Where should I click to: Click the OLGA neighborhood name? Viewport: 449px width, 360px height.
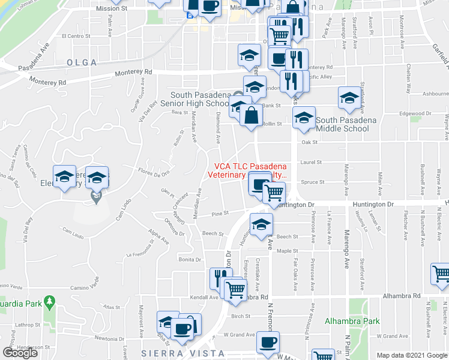click(82, 62)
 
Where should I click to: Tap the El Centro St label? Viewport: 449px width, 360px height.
click(76, 36)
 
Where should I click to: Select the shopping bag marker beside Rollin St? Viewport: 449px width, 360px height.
click(251, 115)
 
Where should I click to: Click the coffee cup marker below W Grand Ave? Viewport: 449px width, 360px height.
click(268, 342)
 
